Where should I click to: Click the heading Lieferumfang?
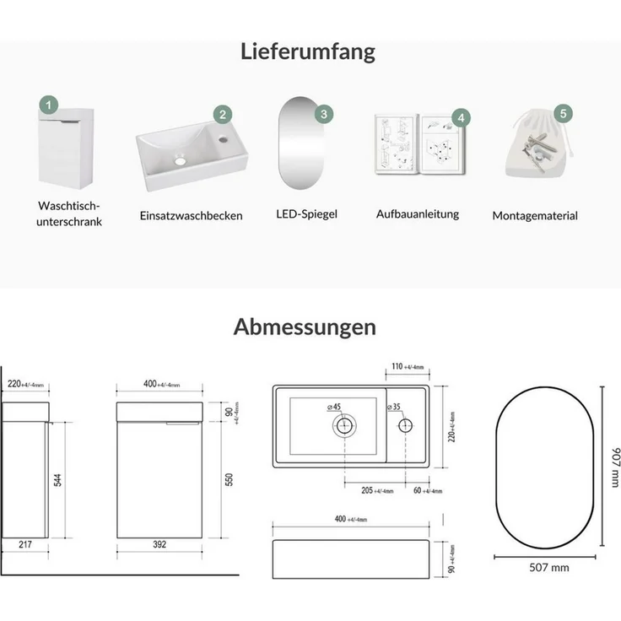click(307, 51)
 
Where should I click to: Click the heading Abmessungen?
click(305, 327)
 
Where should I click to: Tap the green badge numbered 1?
click(50, 105)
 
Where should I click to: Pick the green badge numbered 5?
click(563, 112)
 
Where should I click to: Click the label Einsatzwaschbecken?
click(192, 216)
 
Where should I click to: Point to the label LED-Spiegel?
click(306, 214)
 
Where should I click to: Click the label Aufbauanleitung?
click(418, 214)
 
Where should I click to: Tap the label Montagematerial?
click(535, 216)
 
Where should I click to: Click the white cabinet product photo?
click(66, 146)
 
